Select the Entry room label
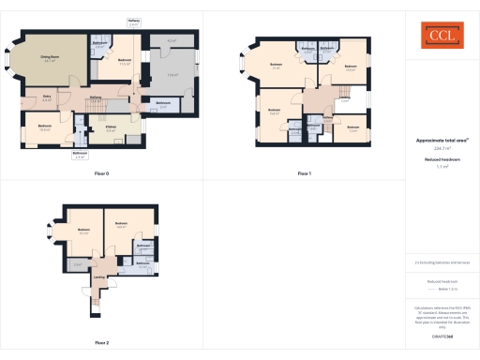point(47,97)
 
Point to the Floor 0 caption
point(101,174)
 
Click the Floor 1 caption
point(304,174)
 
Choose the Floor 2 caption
point(101,342)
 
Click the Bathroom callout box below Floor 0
point(81,154)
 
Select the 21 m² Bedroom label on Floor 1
point(276,67)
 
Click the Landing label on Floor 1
point(344,99)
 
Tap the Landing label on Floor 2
point(99,277)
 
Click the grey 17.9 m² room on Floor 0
point(172,75)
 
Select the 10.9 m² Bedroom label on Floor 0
point(44,127)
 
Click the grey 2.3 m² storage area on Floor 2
point(77,265)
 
